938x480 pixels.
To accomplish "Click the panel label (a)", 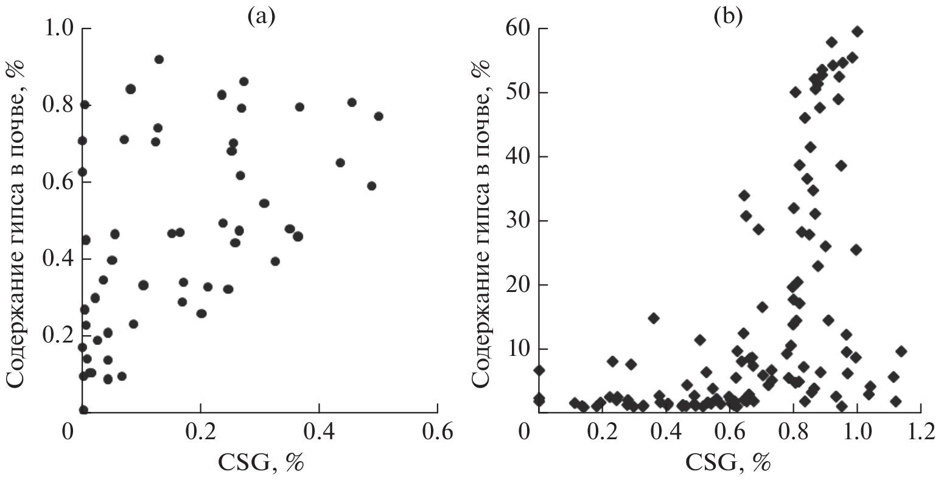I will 261,16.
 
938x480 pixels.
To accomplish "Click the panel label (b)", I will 729,16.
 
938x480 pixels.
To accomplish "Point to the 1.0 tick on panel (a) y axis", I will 59,29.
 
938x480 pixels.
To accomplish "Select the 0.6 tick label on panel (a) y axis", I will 59,183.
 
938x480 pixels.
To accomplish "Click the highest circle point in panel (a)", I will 159,59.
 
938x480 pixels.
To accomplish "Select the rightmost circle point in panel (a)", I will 379,116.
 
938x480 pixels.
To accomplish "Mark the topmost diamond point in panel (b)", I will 858,31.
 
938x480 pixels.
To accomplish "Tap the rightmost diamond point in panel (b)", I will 901,351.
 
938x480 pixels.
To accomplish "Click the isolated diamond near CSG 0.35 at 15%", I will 654,318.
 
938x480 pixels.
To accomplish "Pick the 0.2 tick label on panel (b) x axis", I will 602,433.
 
